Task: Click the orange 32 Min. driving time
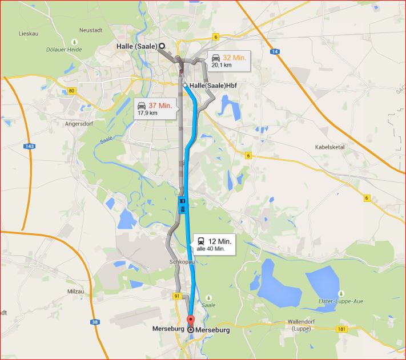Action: pyautogui.click(x=234, y=58)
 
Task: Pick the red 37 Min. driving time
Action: pyautogui.click(x=160, y=106)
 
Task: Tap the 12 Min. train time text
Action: pyautogui.click(x=220, y=241)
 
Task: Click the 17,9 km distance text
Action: pyautogui.click(x=147, y=113)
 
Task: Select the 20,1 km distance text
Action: pyautogui.click(x=222, y=65)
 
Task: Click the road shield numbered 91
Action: pyautogui.click(x=177, y=296)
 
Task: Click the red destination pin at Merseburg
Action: pyautogui.click(x=191, y=320)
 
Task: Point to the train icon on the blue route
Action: pyautogui.click(x=182, y=200)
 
